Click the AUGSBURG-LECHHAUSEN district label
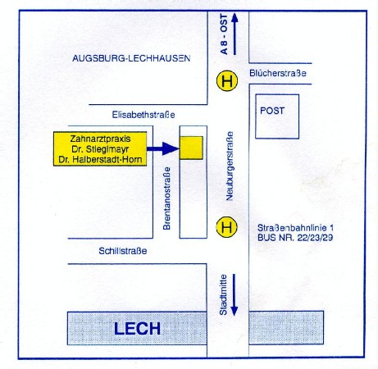click(131, 58)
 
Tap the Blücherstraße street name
click(278, 73)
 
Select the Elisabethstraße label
click(143, 115)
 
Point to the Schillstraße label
click(123, 251)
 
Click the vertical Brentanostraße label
click(166, 198)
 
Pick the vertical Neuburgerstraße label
click(230, 166)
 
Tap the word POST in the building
click(272, 111)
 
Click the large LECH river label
click(137, 329)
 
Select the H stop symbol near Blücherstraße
click(227, 81)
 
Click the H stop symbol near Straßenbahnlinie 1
click(226, 227)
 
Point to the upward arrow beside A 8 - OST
click(235, 34)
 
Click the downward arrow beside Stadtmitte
click(235, 295)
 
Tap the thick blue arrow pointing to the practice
click(163, 148)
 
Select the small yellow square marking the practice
click(191, 148)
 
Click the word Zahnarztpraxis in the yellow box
click(100, 139)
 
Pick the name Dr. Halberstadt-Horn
click(100, 160)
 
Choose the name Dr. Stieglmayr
click(100, 149)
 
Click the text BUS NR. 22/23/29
click(295, 238)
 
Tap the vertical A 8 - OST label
click(224, 34)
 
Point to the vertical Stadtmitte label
click(223, 295)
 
